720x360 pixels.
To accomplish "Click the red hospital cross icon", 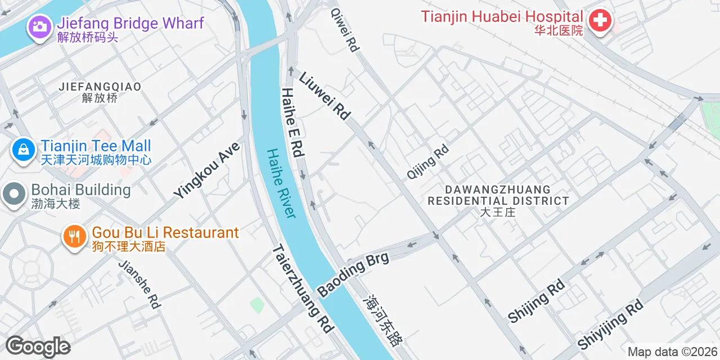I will [600, 22].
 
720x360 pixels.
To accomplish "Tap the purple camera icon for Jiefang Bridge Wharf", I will [39, 26].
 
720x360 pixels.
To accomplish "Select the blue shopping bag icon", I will [24, 150].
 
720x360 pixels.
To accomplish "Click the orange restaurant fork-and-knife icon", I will [74, 236].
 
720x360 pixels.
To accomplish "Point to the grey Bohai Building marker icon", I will [13, 195].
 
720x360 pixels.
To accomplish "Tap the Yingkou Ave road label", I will [206, 170].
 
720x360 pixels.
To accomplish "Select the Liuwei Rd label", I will [325, 96].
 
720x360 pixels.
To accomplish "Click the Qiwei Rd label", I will [345, 29].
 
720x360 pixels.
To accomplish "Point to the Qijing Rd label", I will [428, 162].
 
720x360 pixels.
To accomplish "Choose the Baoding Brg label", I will [353, 275].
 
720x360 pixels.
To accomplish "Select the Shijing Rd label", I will [536, 301].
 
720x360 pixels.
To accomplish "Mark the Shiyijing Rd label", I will [610, 324].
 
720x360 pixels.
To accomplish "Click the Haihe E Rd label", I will [292, 122].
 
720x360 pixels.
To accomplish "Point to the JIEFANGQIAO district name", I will [100, 87].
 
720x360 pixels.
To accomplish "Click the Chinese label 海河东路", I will [384, 321].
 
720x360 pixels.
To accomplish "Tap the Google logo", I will [38, 347].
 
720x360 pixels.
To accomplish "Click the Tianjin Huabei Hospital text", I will [502, 17].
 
